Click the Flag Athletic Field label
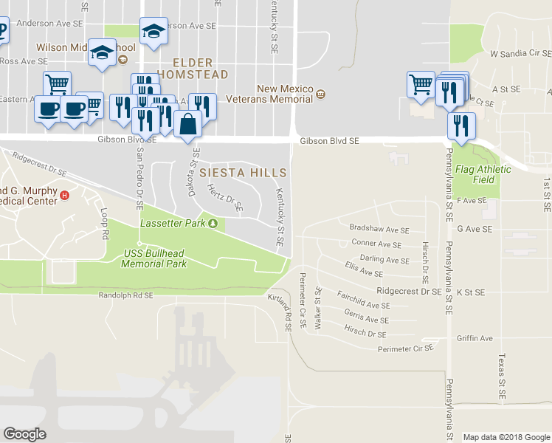(483, 174)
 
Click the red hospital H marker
(65, 196)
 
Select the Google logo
(24, 434)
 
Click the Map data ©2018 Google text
(506, 437)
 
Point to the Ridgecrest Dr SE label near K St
(408, 292)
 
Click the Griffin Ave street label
(474, 338)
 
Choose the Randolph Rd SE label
(125, 295)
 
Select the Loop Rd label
(105, 224)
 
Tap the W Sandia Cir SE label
(520, 54)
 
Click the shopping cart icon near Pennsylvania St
(421, 83)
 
